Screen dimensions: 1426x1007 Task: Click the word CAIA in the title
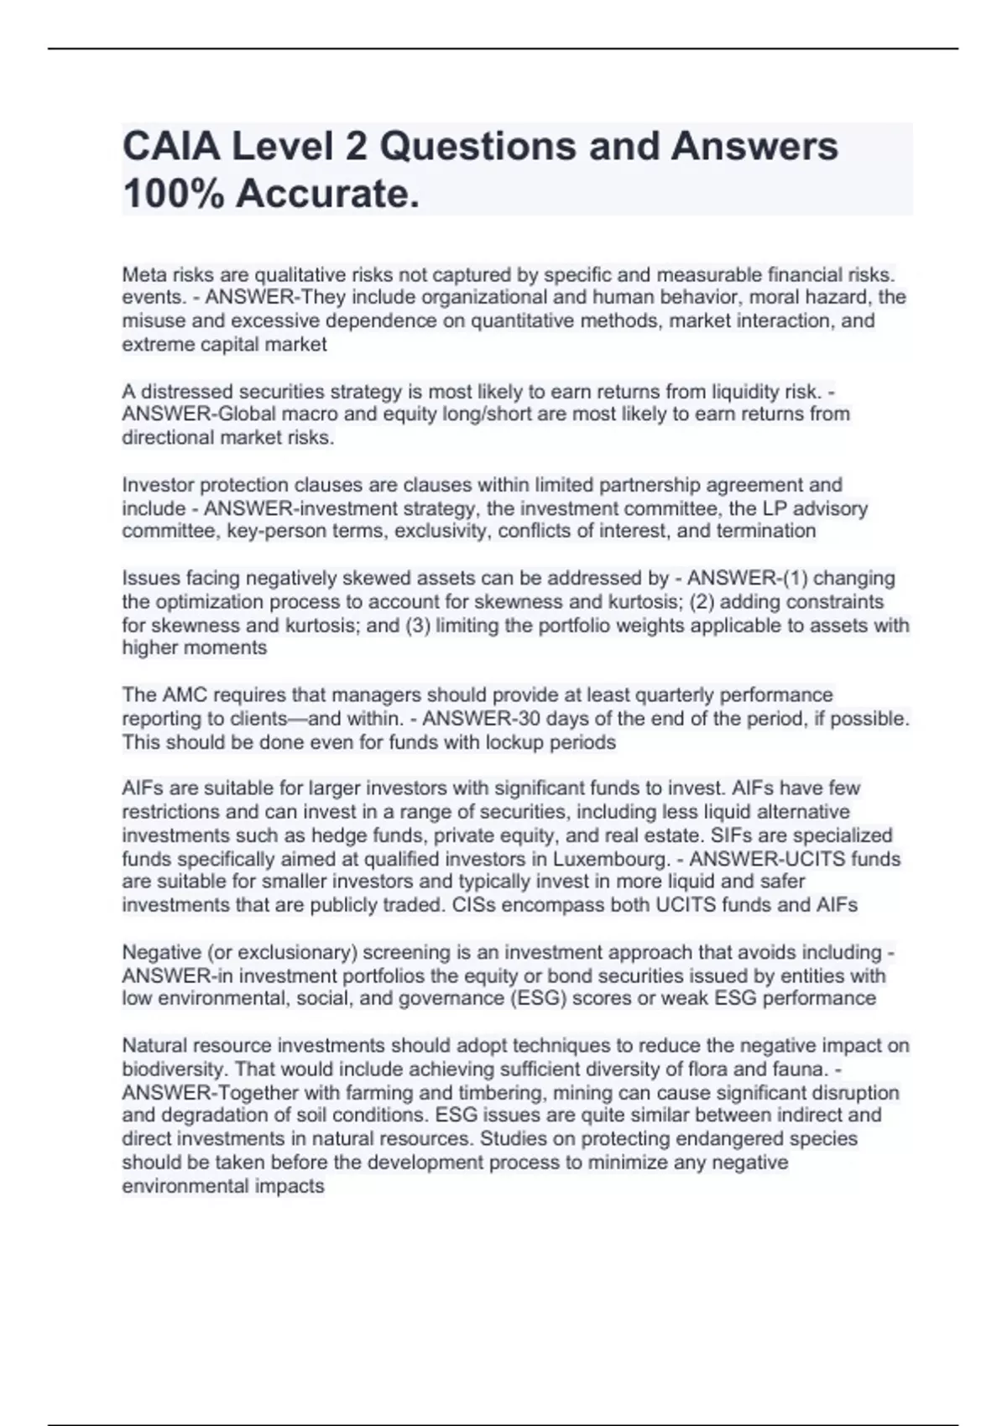pos(170,147)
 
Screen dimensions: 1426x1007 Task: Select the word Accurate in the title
pos(326,195)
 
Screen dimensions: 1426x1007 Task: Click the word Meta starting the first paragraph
pos(143,274)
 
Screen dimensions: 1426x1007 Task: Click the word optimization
pos(211,601)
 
